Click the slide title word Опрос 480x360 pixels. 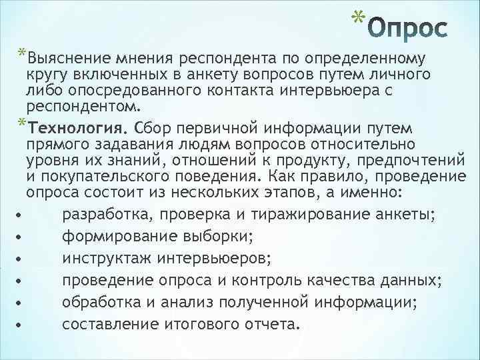coord(405,31)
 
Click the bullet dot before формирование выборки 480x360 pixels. coord(23,238)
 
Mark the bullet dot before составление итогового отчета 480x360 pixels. coord(23,326)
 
